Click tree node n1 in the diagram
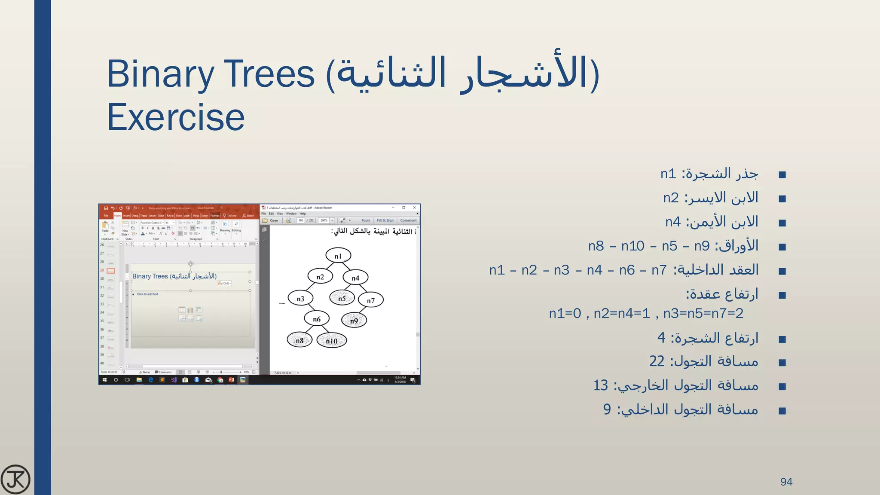point(338,256)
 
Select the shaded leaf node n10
point(331,341)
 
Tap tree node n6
point(317,319)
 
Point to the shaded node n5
point(342,298)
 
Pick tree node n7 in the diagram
point(370,300)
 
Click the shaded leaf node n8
point(299,340)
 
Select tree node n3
point(300,298)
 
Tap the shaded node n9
point(354,320)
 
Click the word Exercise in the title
point(176,117)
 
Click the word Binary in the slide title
point(160,74)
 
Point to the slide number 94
point(786,482)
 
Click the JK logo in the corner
point(15,479)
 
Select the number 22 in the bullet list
point(657,361)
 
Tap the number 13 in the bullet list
point(600,385)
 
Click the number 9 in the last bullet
point(607,409)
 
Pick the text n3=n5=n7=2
point(703,313)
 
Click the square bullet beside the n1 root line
point(782,175)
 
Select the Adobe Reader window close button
point(415,208)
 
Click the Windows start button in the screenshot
point(104,380)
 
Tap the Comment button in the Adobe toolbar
point(408,220)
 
